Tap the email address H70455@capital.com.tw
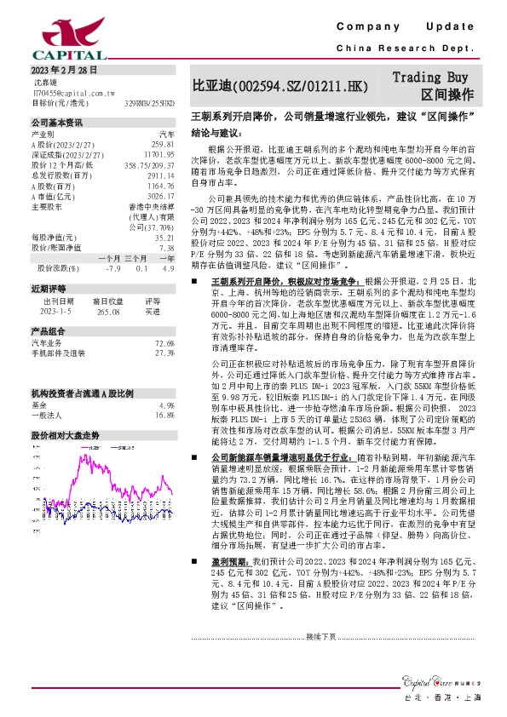73,92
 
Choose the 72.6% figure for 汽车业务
164,342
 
